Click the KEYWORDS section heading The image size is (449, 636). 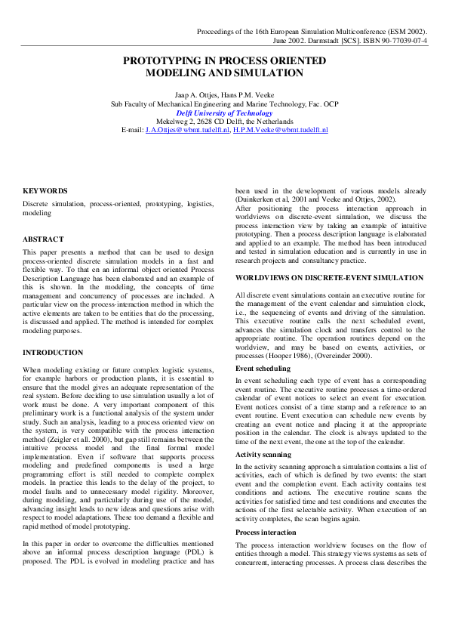45,191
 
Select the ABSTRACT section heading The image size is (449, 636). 44,239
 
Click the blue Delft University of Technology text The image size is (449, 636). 224,113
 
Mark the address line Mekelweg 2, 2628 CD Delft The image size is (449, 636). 224,122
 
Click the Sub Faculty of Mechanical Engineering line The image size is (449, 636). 224,104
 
